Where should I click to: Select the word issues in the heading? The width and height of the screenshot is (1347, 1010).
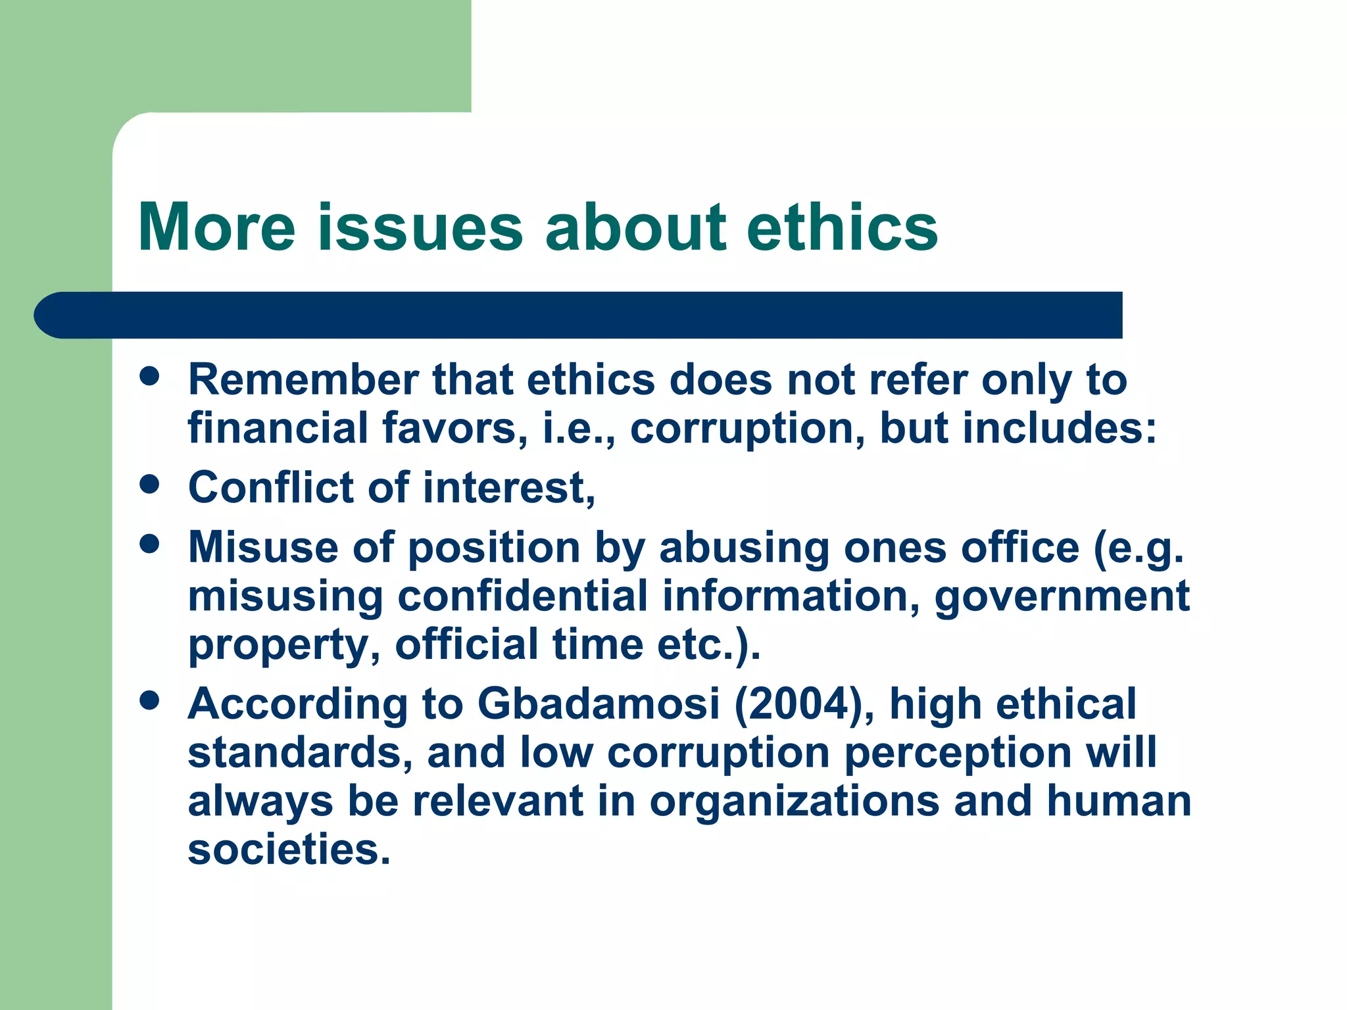coord(420,228)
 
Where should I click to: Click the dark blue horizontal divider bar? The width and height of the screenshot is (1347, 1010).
coord(579,315)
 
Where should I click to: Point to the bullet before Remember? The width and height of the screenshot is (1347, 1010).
coord(150,376)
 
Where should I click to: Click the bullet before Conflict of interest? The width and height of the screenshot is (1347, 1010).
coord(150,485)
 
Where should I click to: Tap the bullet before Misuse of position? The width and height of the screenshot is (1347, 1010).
coord(150,544)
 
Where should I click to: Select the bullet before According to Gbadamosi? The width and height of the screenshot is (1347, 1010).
coord(150,700)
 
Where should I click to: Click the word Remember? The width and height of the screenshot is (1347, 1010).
coord(303,380)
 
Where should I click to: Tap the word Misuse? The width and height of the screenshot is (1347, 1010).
coord(263,547)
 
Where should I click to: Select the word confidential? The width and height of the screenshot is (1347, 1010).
coord(522,596)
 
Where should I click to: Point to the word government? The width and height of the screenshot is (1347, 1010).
coord(1062,597)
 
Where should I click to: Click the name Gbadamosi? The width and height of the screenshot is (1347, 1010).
coord(598,704)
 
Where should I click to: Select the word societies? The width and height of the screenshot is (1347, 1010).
coord(289,850)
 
